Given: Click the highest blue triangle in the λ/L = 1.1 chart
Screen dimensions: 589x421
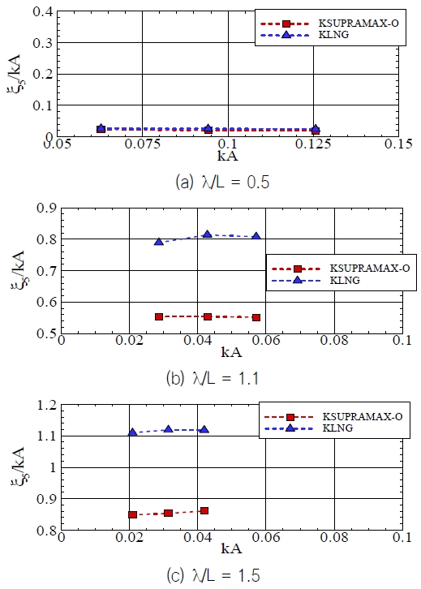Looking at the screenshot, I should tap(208, 234).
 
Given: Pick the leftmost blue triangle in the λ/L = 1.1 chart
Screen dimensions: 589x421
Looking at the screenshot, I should tap(159, 242).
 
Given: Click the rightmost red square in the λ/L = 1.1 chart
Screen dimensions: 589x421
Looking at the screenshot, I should tap(256, 317).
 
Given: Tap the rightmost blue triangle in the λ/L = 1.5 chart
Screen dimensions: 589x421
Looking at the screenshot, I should tap(203, 429).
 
